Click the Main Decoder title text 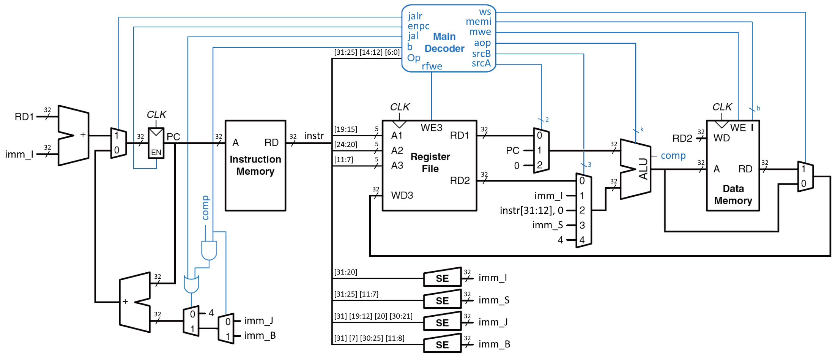click(x=444, y=43)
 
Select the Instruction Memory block click(x=255, y=165)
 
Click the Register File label click(x=430, y=163)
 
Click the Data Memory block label click(x=733, y=194)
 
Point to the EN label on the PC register click(x=156, y=153)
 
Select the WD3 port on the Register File click(x=402, y=195)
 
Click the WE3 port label click(x=431, y=128)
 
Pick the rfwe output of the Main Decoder click(x=432, y=66)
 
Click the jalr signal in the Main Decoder click(x=415, y=16)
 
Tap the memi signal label click(x=478, y=22)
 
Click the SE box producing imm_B click(x=442, y=344)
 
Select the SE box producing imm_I click(x=442, y=278)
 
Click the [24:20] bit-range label click(x=345, y=144)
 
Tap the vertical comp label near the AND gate click(x=205, y=208)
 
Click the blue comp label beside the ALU click(x=673, y=156)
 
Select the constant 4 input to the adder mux click(x=211, y=313)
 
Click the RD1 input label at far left click(x=24, y=117)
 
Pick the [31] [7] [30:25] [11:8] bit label click(x=369, y=338)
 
